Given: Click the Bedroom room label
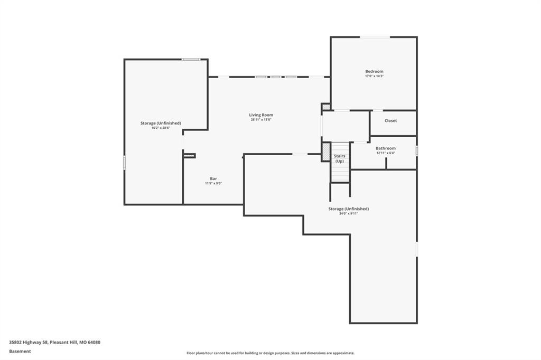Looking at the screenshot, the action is click(x=374, y=71).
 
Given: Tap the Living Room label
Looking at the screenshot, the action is click(x=261, y=115).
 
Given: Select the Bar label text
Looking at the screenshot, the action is click(x=213, y=178).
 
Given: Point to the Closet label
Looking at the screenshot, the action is click(x=390, y=121).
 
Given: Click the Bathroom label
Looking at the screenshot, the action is click(x=385, y=148).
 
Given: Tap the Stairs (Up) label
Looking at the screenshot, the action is click(x=340, y=158).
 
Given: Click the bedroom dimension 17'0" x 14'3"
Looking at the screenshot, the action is click(x=374, y=76).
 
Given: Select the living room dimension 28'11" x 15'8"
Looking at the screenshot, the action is click(x=261, y=120).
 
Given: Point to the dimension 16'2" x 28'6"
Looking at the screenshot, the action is click(x=161, y=128).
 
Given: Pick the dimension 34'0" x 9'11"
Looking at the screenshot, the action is click(x=349, y=213).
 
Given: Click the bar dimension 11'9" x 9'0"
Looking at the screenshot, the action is click(x=213, y=184).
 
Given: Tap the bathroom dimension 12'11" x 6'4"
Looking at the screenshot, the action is click(x=385, y=153).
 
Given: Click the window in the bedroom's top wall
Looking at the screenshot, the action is click(x=375, y=37).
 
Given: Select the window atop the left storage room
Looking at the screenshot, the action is click(x=191, y=59).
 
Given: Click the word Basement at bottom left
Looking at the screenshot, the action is click(x=20, y=352).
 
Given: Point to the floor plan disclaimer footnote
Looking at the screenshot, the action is click(x=270, y=353).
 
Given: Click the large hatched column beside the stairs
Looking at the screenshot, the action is click(x=325, y=151).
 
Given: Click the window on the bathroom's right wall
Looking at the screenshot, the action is click(x=417, y=150).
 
